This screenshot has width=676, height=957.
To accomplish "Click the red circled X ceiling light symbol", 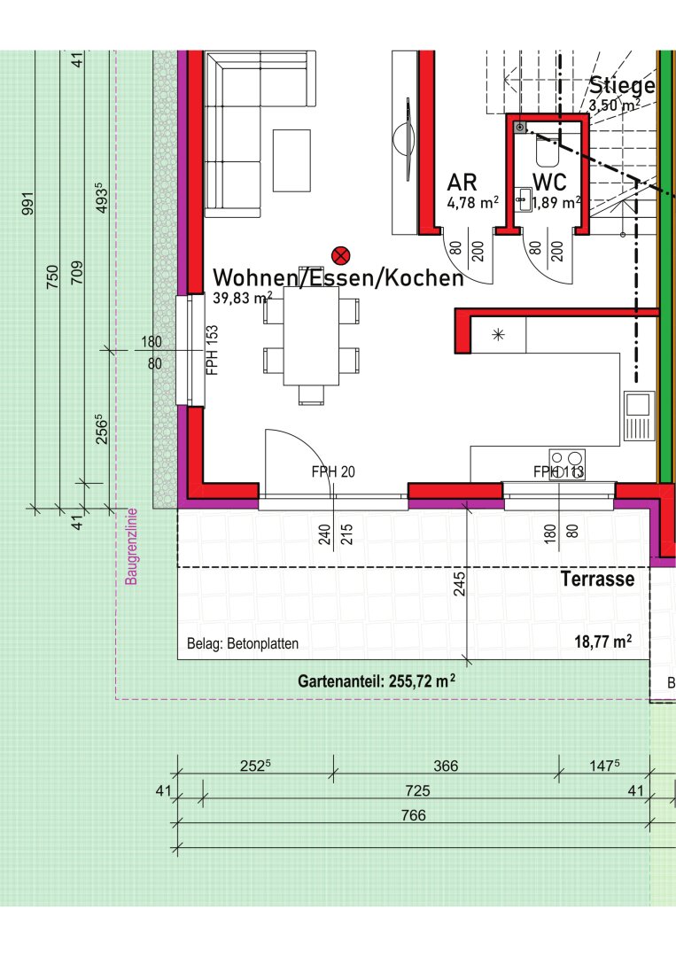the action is [x=341, y=255].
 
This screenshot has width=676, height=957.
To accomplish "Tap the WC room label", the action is [x=549, y=182].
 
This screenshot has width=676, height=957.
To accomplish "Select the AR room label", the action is [x=462, y=182].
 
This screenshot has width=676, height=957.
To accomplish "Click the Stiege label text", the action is [x=622, y=85].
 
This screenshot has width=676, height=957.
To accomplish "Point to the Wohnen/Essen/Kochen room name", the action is [x=338, y=277].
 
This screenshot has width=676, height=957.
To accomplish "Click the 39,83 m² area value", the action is [x=243, y=298].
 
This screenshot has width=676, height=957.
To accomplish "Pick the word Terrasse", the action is [x=597, y=579].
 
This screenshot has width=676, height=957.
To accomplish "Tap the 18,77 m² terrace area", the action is [x=602, y=642].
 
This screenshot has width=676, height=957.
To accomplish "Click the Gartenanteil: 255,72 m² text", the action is [x=377, y=681].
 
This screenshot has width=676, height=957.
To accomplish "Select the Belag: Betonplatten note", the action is [x=243, y=643].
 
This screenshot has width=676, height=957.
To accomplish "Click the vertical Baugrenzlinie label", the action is [x=131, y=547].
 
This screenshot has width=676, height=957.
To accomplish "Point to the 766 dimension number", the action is [x=414, y=815].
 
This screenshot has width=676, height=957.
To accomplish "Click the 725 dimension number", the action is [x=418, y=791].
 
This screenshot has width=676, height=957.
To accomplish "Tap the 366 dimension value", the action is [x=446, y=766].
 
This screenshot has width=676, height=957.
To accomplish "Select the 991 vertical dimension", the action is [x=28, y=203].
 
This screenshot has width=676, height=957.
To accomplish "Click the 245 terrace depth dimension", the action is [x=460, y=583].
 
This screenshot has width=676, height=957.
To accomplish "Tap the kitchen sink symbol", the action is [x=639, y=416].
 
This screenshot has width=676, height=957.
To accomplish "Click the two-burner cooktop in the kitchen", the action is [x=567, y=464].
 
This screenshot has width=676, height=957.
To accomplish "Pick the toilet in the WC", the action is [x=548, y=150].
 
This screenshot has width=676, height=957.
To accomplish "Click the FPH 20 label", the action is [x=333, y=471].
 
